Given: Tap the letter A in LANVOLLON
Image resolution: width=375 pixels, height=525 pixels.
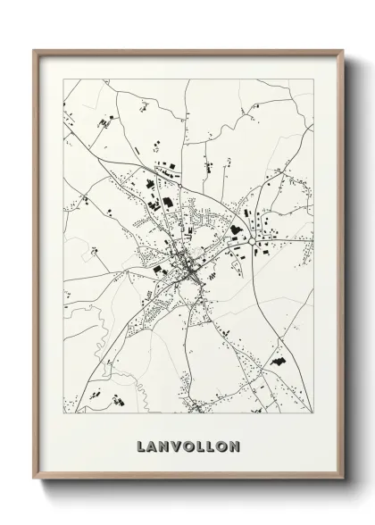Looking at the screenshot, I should pos(154,445).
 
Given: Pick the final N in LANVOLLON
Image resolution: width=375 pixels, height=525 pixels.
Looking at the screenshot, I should pos(237,445).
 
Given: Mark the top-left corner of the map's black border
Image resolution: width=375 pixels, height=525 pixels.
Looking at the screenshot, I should pos(63,79).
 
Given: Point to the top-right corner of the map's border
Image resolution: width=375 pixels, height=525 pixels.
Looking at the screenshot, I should pos(312,79).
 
